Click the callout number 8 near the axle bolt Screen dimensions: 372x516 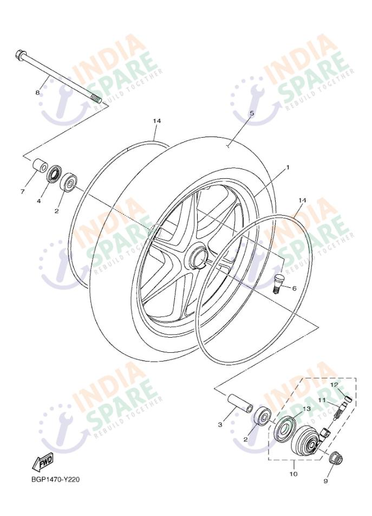point(37,93)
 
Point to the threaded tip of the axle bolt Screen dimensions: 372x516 point(96,98)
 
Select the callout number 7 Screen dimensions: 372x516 point(23,191)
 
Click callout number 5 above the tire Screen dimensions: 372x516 point(252,113)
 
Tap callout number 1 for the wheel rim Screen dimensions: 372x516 point(288,167)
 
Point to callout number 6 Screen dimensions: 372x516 point(294,288)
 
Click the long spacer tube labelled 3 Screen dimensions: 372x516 point(240,402)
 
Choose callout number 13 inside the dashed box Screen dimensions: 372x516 point(306,408)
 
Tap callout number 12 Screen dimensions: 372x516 point(334,384)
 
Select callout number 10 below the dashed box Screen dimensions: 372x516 point(293,474)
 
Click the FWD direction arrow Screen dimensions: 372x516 point(42,464)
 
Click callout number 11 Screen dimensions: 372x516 point(321,400)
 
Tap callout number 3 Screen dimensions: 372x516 point(220,424)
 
